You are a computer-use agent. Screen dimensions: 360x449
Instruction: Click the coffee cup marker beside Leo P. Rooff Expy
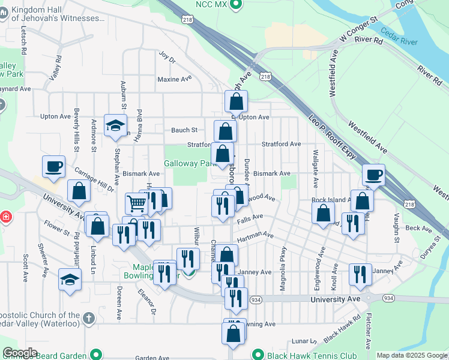pyautogui.click(x=373, y=175)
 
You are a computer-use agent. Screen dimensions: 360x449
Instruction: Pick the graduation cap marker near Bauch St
pyautogui.click(x=115, y=125)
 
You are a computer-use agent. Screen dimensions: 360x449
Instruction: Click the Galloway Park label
pyautogui.click(x=189, y=163)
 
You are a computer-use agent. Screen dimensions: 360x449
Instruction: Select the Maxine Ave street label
pyautogui.click(x=174, y=79)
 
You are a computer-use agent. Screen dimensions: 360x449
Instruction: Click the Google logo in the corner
pyautogui.click(x=20, y=353)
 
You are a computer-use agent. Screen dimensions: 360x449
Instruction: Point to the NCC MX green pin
pyautogui.click(x=236, y=5)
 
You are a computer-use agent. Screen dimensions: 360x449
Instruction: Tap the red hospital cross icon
pyautogui.click(x=5, y=216)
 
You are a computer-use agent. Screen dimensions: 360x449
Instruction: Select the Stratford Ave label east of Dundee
pyautogui.click(x=281, y=144)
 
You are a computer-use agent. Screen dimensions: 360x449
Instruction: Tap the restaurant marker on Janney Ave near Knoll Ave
pyautogui.click(x=360, y=274)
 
